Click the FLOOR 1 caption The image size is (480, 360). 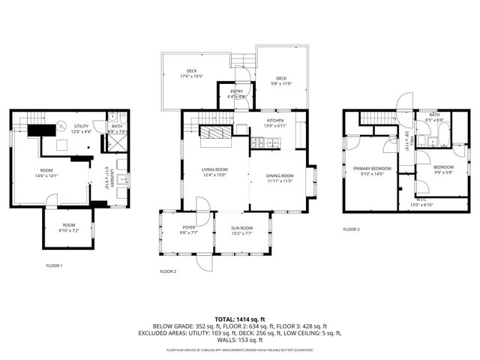[x=54, y=265]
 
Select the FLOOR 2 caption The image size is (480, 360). [x=168, y=271]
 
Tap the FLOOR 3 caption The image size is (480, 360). [x=351, y=229]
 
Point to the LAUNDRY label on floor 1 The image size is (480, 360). [x=109, y=178]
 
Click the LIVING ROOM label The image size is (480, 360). [x=214, y=171]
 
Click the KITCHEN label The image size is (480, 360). [x=275, y=121]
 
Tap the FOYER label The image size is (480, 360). [x=189, y=228]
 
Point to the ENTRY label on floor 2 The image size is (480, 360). [x=236, y=91]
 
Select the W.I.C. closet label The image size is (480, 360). [x=420, y=200]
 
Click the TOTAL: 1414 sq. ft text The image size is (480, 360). [x=239, y=318]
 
